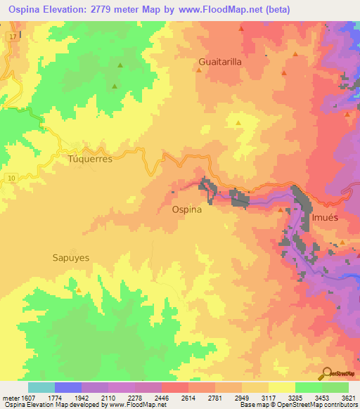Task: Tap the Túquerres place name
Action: tap(90, 160)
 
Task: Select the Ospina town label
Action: tap(187, 209)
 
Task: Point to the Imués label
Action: tap(325, 218)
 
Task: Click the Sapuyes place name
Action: tap(71, 258)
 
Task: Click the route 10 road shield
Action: tap(13, 179)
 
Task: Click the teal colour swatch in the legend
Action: tap(41, 387)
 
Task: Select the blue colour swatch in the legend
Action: tap(67, 387)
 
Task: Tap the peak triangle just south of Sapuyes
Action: tap(79, 290)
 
